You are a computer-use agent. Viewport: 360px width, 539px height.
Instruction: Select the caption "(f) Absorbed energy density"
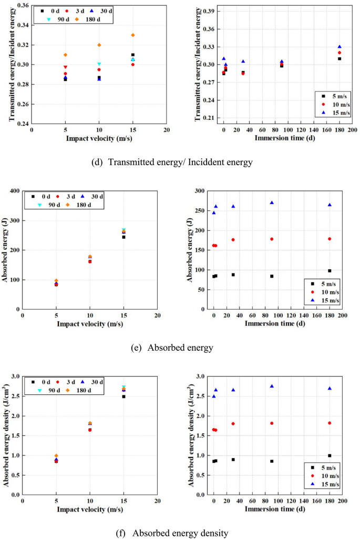[x=172, y=533]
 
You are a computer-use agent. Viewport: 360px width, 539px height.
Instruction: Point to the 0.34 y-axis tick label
[x=22, y=25]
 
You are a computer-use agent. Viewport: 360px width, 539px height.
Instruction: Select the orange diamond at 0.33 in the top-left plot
[x=133, y=35]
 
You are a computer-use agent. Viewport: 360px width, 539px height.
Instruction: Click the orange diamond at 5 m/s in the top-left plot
[x=65, y=55]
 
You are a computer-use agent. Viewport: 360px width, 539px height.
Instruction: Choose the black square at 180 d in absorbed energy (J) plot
[x=330, y=271]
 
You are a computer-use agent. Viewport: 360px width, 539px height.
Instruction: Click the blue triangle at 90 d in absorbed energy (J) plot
[x=272, y=202]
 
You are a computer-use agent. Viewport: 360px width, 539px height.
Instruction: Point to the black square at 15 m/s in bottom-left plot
[x=124, y=396]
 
